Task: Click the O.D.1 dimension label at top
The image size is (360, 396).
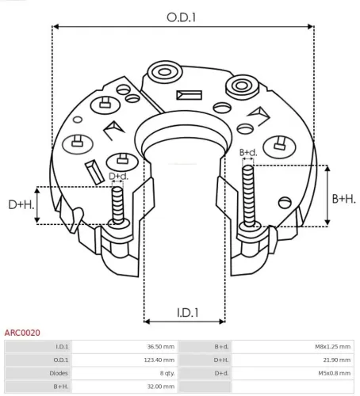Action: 181,17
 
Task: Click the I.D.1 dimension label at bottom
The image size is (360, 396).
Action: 182,313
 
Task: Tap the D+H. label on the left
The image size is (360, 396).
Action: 21,205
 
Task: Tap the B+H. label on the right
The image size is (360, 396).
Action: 343,199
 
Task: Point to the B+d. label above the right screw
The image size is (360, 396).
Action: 248,151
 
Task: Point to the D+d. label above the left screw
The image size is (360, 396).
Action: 118,176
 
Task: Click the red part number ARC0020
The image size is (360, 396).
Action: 22,333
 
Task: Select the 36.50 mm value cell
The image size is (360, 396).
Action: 159,347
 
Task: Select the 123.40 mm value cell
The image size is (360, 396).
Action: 159,360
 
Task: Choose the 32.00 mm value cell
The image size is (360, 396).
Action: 159,386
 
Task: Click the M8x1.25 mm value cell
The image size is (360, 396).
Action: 332,347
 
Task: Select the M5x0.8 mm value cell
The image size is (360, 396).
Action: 334,373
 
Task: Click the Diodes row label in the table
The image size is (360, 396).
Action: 60,373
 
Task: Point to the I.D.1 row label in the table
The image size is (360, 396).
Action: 63,347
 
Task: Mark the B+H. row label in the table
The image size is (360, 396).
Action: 61,386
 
